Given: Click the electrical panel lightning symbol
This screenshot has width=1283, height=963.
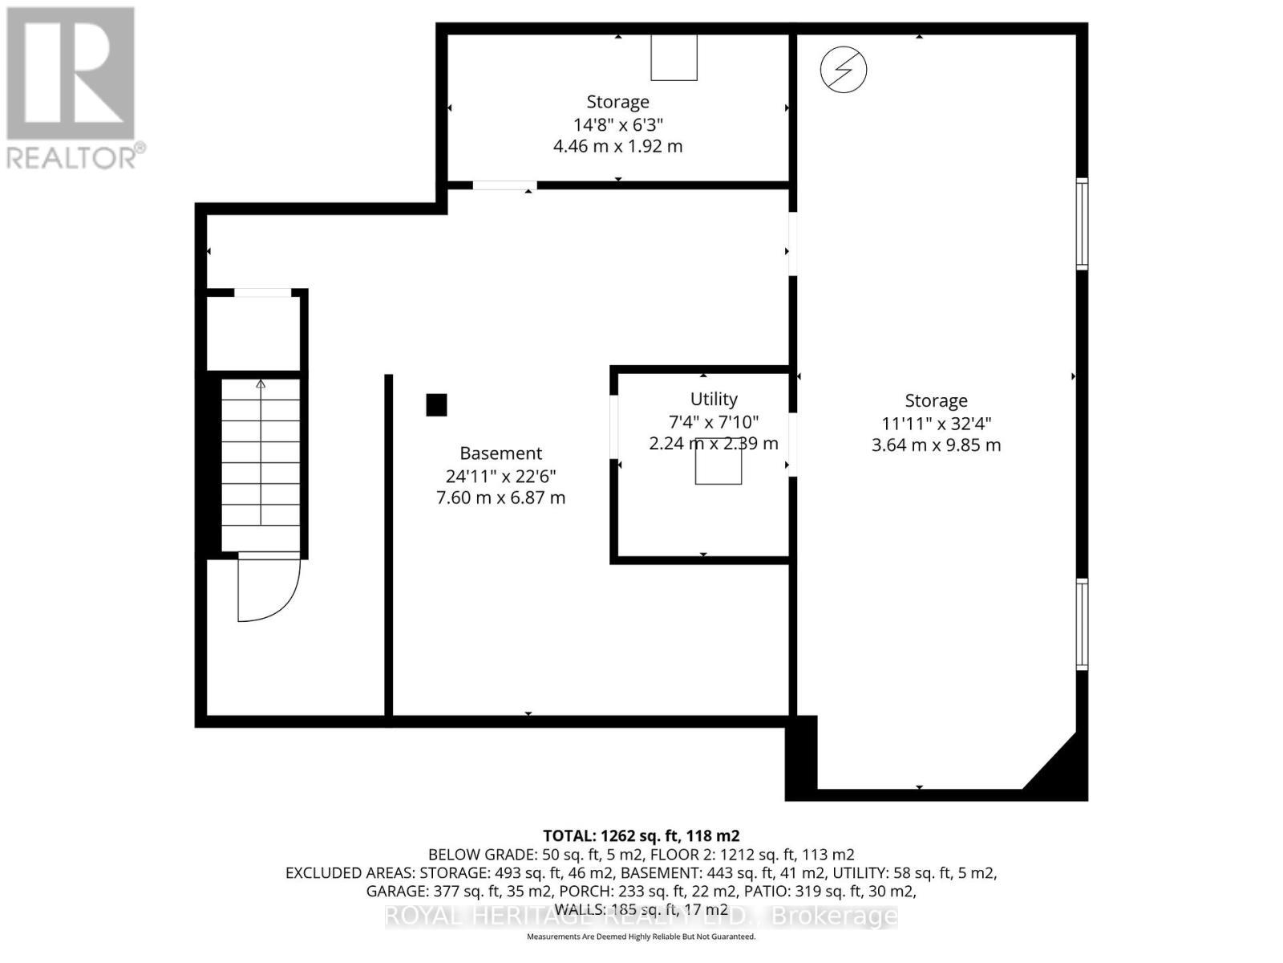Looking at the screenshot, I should tap(844, 70).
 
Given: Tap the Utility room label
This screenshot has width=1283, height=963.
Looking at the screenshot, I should tap(714, 399).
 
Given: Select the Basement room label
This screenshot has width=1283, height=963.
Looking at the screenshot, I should tap(500, 453).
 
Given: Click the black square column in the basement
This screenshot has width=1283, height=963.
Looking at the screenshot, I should tap(436, 404).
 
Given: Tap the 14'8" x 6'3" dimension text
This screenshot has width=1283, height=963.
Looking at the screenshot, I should tap(617, 124).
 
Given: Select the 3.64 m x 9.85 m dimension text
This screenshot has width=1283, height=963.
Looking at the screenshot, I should tap(936, 445).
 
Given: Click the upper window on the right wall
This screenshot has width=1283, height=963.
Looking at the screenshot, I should tap(1082, 223).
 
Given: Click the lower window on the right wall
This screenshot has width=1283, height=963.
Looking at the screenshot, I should tap(1082, 624).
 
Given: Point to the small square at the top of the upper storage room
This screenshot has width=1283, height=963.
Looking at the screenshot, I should tap(674, 58).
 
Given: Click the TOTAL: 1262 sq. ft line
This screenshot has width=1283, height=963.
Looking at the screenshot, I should tap(641, 835).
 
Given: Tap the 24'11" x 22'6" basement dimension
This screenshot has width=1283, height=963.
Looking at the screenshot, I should tap(500, 475).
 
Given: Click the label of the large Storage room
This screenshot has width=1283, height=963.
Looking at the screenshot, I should tap(936, 400).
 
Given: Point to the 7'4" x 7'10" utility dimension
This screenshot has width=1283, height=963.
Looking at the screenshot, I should tap(714, 421).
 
